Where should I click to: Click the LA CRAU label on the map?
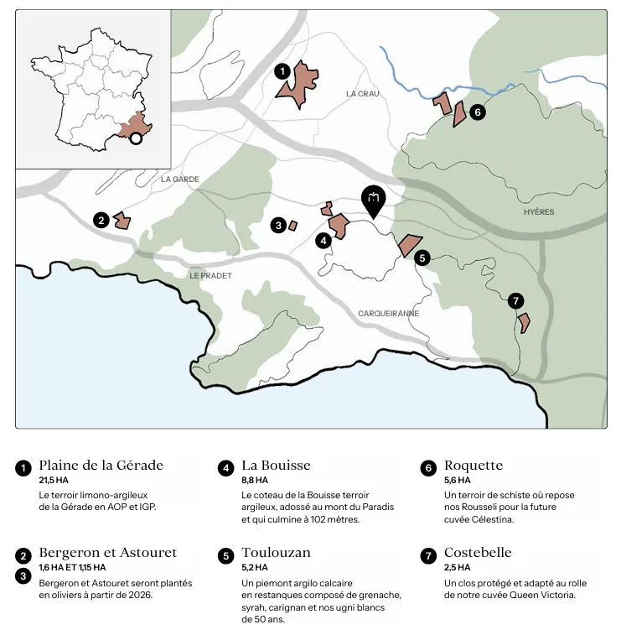tap(362, 94)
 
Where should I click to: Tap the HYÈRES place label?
tap(538, 212)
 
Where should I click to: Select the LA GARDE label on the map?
tap(180, 179)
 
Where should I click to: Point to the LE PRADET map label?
tap(210, 275)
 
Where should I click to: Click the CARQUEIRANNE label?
tap(388, 313)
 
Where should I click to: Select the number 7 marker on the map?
tap(515, 300)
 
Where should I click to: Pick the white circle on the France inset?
tap(136, 138)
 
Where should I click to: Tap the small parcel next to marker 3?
tap(292, 225)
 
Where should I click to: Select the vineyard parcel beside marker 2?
tap(122, 221)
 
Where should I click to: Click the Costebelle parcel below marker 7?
tap(524, 322)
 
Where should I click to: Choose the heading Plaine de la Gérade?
tap(101, 466)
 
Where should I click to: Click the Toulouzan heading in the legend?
tap(276, 553)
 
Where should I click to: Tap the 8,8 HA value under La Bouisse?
tap(255, 481)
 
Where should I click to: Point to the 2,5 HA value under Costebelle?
tap(457, 568)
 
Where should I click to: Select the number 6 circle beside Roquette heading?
tap(427, 468)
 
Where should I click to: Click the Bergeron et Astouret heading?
tap(107, 553)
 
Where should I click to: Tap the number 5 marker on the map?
tap(422, 258)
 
